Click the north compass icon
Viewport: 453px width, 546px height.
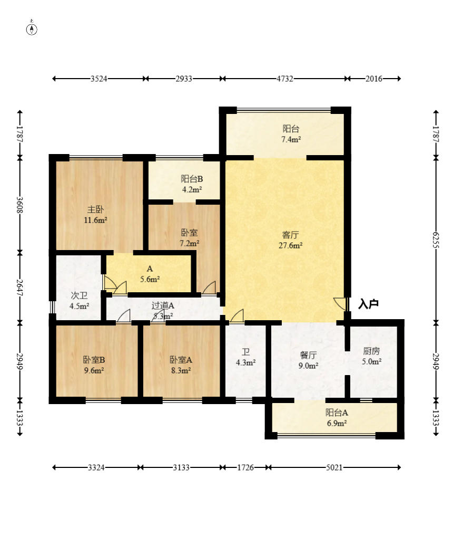pos(32,29)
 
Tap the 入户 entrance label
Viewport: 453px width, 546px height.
pos(368,304)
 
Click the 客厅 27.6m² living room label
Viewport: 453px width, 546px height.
pos(290,240)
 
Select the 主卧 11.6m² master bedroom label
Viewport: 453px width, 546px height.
pos(95,215)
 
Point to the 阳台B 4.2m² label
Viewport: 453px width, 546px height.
pos(192,184)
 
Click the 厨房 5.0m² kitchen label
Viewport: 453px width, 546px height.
pos(371,356)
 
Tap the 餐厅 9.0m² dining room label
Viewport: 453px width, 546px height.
pos(308,360)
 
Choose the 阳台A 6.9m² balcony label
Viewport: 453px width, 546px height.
pos(337,418)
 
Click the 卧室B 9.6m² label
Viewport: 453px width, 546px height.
pos(94,365)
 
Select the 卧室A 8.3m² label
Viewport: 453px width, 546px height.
pos(181,365)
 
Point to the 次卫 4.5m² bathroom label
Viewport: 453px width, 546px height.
pos(79,301)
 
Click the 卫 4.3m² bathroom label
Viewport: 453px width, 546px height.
pos(246,357)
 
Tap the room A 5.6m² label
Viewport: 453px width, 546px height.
pos(150,274)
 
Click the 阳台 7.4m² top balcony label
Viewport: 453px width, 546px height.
pos(291,134)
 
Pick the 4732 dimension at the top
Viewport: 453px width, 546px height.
pos(285,79)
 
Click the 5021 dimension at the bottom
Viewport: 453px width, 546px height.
pos(334,467)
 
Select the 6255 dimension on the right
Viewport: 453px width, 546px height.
pos(436,240)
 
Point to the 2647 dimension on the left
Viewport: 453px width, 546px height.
pos(20,288)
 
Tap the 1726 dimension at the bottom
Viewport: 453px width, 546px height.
pos(245,467)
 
